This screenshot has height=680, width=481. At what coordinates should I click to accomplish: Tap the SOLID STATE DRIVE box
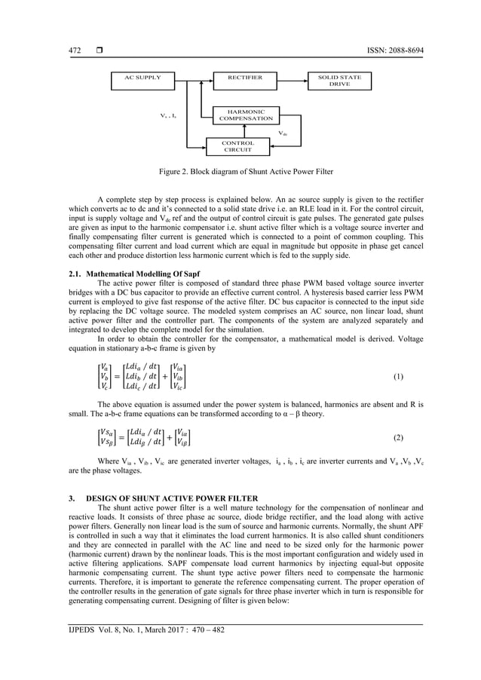pyautogui.click(x=339, y=81)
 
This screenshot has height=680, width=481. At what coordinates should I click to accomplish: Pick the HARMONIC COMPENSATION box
pyautogui.click(x=245, y=115)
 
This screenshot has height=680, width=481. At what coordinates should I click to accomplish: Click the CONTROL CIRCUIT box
pyautogui.click(x=237, y=146)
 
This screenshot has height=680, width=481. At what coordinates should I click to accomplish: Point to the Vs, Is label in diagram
pyautogui.click(x=168, y=115)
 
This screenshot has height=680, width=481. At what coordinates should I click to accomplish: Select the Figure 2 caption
pyautogui.click(x=240, y=171)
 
